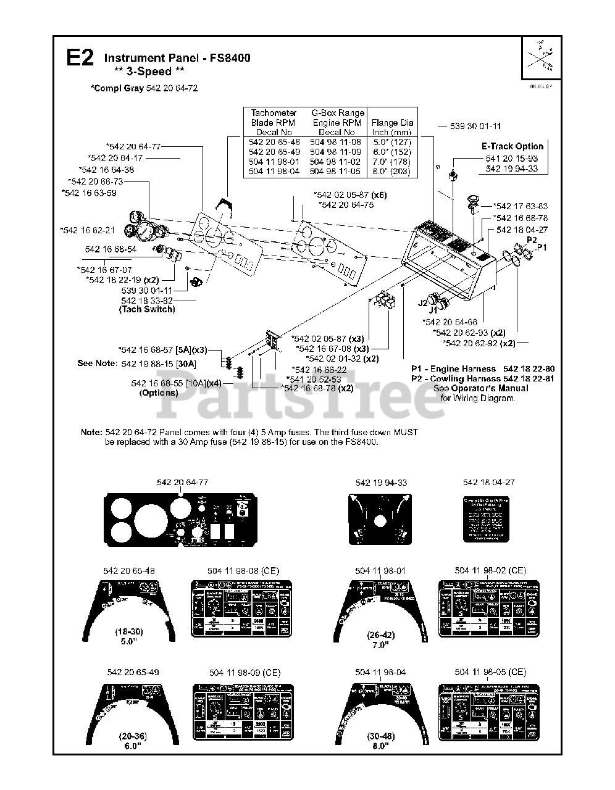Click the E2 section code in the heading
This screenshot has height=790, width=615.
tap(80, 59)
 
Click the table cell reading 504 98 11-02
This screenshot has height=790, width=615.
tap(336, 162)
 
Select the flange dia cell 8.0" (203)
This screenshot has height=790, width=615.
tap(391, 172)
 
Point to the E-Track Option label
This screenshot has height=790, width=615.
tap(512, 146)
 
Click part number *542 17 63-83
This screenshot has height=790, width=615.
tap(521, 206)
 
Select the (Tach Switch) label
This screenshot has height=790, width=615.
tap(147, 309)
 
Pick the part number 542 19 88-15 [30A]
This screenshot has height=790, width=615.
tap(159, 364)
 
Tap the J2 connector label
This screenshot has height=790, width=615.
tap(422, 303)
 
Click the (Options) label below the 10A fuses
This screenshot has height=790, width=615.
tap(159, 393)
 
